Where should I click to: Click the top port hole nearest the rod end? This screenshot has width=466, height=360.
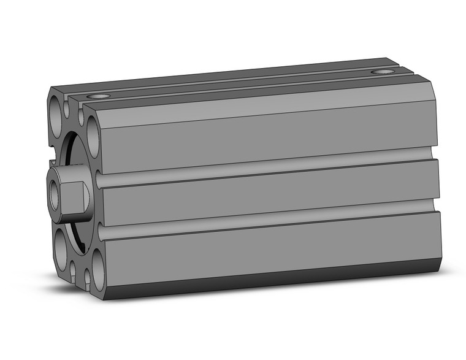98,96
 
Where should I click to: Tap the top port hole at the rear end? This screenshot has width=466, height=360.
383,72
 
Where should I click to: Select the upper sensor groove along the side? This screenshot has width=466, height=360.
270,169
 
